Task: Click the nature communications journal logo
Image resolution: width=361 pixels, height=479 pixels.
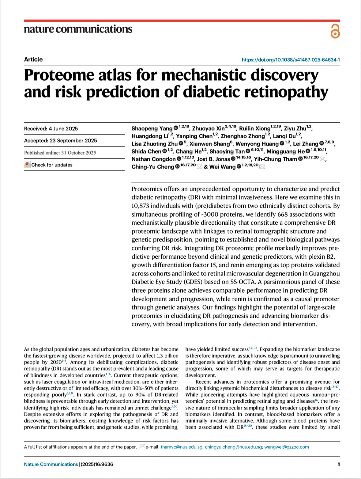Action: pos(78,29)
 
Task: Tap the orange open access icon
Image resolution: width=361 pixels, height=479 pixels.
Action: pos(335,31)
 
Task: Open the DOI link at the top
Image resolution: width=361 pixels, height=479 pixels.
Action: pos(291,60)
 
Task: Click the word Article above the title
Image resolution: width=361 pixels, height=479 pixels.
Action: pos(33,59)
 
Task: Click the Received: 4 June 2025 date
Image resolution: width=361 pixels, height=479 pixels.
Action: pos(51,129)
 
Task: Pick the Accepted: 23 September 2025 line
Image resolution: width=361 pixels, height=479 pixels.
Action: pos(61,141)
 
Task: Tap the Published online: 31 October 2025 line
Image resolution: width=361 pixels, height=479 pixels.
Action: pos(60,153)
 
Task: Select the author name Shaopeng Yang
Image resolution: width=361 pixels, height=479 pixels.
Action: pos(152,128)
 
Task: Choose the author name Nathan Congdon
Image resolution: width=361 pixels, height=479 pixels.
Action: pos(154,159)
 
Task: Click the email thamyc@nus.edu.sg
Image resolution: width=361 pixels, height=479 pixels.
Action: pos(182,447)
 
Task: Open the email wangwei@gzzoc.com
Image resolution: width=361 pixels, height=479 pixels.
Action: pos(287,447)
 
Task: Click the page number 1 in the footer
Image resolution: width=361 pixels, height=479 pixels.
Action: pos(339,464)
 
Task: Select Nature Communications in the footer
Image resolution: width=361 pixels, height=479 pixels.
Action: pos(51,464)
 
